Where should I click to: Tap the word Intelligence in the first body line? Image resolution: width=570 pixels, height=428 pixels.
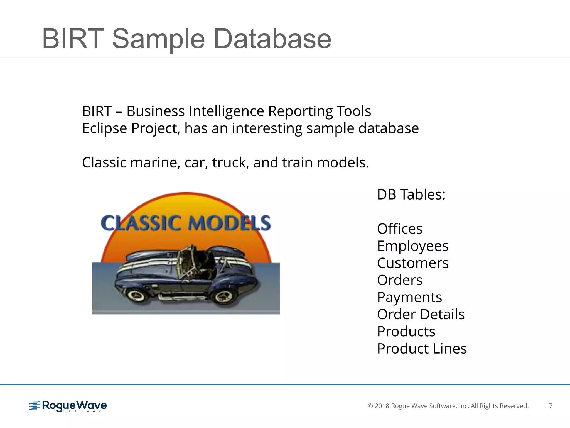tap(226, 111)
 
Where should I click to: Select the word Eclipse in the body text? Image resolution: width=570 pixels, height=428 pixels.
tap(105, 128)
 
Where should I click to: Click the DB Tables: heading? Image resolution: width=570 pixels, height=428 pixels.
tap(411, 194)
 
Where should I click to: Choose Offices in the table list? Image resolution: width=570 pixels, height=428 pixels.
tap(399, 229)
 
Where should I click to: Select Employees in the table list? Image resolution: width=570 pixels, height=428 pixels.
tap(412, 246)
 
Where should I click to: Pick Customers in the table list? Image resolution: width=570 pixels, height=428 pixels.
tap(412, 263)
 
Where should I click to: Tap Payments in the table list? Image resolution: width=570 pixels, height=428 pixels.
tap(409, 297)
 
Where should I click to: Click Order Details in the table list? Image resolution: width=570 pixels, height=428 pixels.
tap(421, 314)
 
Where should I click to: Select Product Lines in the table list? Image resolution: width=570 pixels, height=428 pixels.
tap(422, 349)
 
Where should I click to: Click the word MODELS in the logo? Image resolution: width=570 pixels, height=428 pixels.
tap(229, 223)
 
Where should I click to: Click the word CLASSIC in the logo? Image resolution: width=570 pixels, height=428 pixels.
tap(141, 223)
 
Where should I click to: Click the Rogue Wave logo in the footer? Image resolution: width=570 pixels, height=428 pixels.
tap(68, 406)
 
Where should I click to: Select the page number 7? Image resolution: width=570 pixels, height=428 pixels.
tap(551, 406)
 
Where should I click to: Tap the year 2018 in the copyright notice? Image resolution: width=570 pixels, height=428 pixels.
tap(382, 406)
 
